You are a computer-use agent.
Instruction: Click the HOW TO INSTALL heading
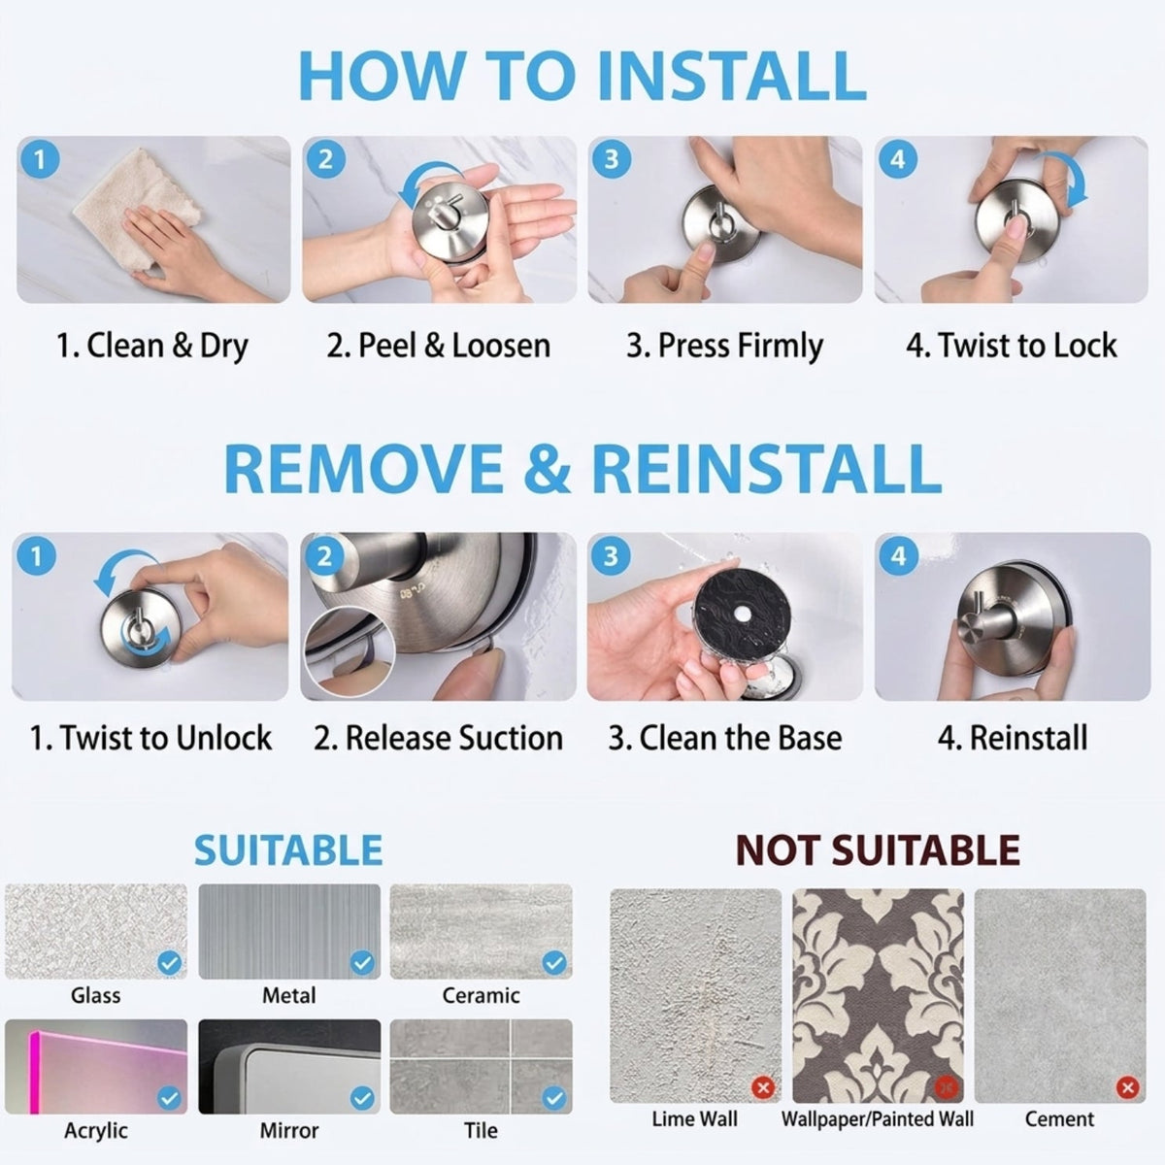click(582, 76)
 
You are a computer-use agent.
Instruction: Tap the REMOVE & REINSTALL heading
click(582, 469)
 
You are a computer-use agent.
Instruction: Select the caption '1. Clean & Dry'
click(152, 347)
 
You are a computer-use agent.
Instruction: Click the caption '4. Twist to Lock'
click(1011, 346)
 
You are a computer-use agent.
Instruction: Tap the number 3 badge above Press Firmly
click(612, 159)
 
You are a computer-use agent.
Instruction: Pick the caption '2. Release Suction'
click(438, 738)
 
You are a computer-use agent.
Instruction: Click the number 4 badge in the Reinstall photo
click(898, 556)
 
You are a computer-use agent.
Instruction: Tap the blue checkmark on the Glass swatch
click(169, 962)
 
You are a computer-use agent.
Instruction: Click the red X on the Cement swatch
click(1127, 1087)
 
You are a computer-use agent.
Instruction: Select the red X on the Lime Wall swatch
click(763, 1087)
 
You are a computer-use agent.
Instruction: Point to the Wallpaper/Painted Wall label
click(878, 1119)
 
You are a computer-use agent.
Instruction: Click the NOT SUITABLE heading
click(878, 849)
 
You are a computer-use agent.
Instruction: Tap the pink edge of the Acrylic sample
click(34, 1072)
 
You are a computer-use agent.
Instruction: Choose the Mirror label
click(289, 1131)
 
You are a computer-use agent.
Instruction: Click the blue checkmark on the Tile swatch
click(554, 1098)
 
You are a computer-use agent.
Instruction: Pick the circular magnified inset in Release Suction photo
click(349, 654)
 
